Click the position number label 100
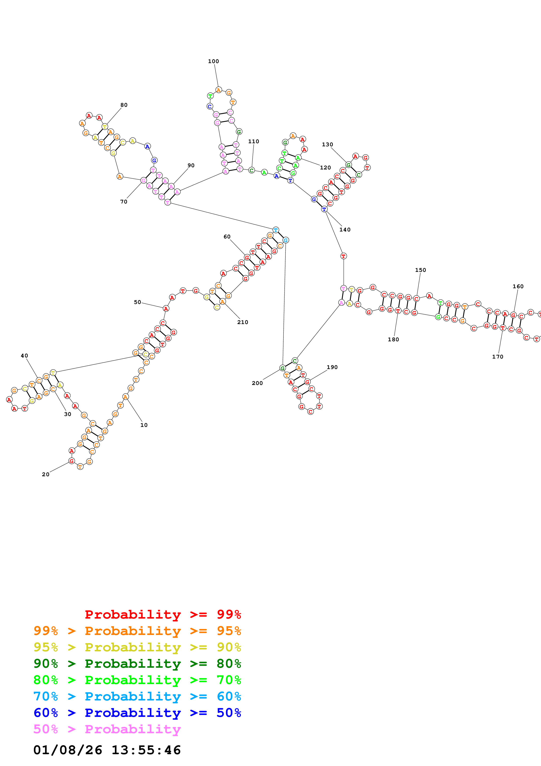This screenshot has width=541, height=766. point(213,61)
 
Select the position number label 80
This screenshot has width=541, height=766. point(124,105)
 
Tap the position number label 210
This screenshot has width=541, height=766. point(243,322)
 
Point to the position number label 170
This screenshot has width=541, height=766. point(498,357)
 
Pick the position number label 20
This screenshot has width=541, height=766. point(46,474)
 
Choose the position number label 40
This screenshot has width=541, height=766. point(24,356)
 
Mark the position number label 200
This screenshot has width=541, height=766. point(257,383)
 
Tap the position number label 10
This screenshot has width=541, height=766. point(144,425)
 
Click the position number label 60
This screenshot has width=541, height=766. point(227,236)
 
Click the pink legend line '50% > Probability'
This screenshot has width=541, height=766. point(107,729)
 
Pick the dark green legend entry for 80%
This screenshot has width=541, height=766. point(137,664)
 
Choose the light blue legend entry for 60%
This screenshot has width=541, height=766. point(137,696)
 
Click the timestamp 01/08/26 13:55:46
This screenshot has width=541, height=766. point(107,750)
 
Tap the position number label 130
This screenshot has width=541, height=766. point(327,145)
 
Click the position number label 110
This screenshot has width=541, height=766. point(254,141)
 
